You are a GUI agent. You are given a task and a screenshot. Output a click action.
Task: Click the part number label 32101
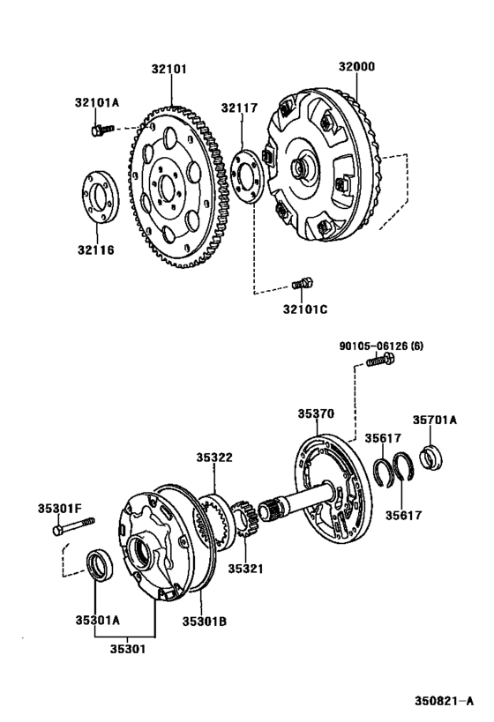169,69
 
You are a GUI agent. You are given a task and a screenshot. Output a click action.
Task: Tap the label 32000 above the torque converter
356,66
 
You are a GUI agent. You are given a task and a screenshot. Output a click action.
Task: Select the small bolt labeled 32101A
101,130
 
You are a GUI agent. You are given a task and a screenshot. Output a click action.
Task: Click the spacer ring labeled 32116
100,197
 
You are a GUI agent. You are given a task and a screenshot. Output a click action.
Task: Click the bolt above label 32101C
303,283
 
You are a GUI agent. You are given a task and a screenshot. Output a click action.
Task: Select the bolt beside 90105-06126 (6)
380,359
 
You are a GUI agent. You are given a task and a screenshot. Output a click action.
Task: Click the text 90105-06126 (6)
381,346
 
